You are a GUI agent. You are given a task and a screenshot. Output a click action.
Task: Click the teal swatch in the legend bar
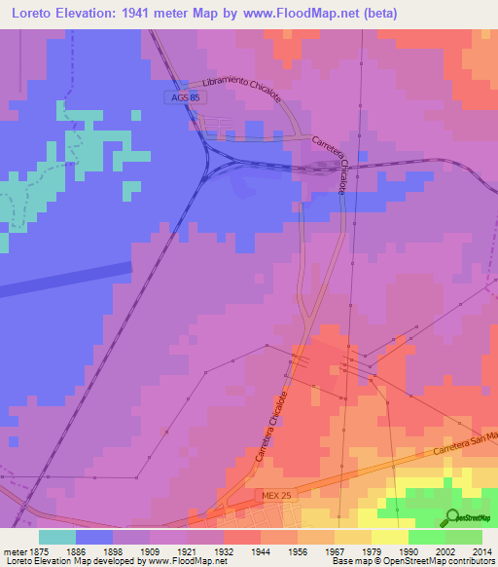click(x=57, y=537)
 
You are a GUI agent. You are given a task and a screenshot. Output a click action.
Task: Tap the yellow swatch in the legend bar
click(x=390, y=537)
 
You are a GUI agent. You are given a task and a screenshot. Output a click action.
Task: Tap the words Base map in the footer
click(x=348, y=561)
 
